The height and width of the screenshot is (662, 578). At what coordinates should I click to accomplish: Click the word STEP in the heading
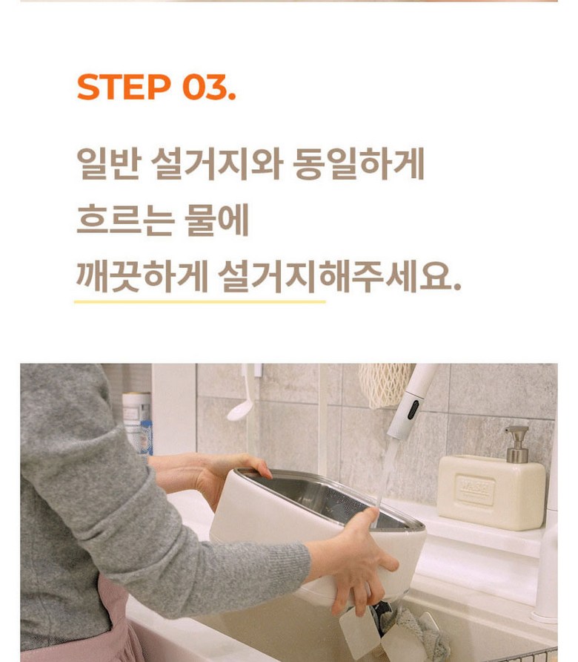[124, 87]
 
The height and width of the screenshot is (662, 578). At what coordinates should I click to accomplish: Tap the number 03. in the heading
[209, 87]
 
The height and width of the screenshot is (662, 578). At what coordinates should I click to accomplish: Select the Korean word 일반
[108, 164]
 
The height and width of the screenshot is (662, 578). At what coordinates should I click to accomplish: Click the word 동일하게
[358, 164]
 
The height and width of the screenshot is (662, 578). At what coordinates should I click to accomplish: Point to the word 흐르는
[125, 220]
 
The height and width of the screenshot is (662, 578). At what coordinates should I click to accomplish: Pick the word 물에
[216, 220]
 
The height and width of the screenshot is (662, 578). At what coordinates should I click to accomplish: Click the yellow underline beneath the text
[200, 302]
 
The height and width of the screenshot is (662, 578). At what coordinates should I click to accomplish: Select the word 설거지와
[216, 164]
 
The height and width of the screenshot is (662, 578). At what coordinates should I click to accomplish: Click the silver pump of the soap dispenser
[517, 444]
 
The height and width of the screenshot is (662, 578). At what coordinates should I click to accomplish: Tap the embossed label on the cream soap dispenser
[476, 490]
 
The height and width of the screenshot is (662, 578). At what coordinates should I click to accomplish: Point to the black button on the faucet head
[413, 409]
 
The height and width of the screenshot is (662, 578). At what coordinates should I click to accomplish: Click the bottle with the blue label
[138, 423]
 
